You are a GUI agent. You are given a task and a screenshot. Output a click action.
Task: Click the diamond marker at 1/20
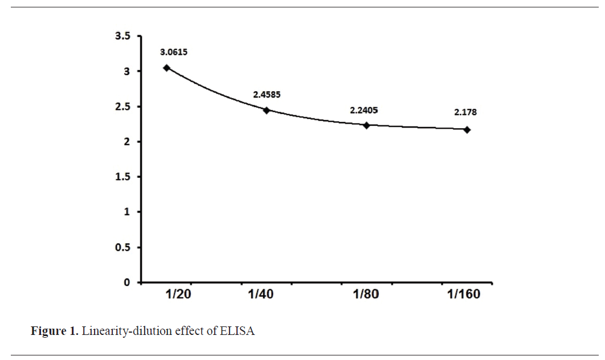[166, 68]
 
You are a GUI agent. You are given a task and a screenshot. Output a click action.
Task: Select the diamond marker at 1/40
[266, 110]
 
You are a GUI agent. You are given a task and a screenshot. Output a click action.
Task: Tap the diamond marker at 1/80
[366, 125]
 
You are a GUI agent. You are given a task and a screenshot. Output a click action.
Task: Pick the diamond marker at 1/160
[467, 130]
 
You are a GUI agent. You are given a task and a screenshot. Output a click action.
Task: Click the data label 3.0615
[174, 52]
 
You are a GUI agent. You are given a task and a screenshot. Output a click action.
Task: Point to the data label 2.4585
[267, 93]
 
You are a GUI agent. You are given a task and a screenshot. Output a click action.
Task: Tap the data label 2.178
[465, 112]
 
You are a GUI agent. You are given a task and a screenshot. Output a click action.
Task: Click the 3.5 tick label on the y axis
[122, 36]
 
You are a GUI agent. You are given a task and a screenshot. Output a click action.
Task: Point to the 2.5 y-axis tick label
[122, 107]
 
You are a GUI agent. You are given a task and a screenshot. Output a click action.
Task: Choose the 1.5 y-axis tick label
[122, 177]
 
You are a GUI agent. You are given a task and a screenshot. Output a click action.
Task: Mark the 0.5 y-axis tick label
[122, 247]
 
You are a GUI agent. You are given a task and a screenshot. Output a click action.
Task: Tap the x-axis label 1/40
[261, 294]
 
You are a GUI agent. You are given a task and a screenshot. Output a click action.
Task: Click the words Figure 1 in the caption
[54, 332]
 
